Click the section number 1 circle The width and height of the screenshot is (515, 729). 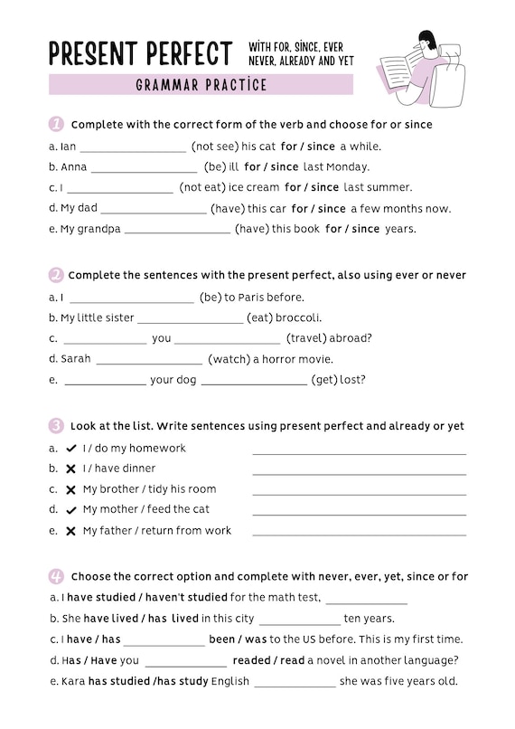(x=56, y=124)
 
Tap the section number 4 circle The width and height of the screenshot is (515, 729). (x=56, y=576)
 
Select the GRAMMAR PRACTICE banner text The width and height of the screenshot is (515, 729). (x=201, y=85)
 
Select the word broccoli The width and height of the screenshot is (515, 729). (x=299, y=317)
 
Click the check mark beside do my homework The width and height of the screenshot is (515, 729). (x=70, y=449)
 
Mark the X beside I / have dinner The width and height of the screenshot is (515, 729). (x=70, y=469)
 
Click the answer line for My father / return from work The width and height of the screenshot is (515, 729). (x=359, y=533)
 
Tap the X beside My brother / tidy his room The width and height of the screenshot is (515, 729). (x=70, y=489)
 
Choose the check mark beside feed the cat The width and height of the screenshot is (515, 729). (x=70, y=510)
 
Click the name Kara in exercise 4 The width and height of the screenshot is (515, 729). (x=72, y=681)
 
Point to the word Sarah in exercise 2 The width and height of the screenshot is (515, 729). (x=76, y=359)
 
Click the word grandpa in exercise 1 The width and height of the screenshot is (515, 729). (x=100, y=230)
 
